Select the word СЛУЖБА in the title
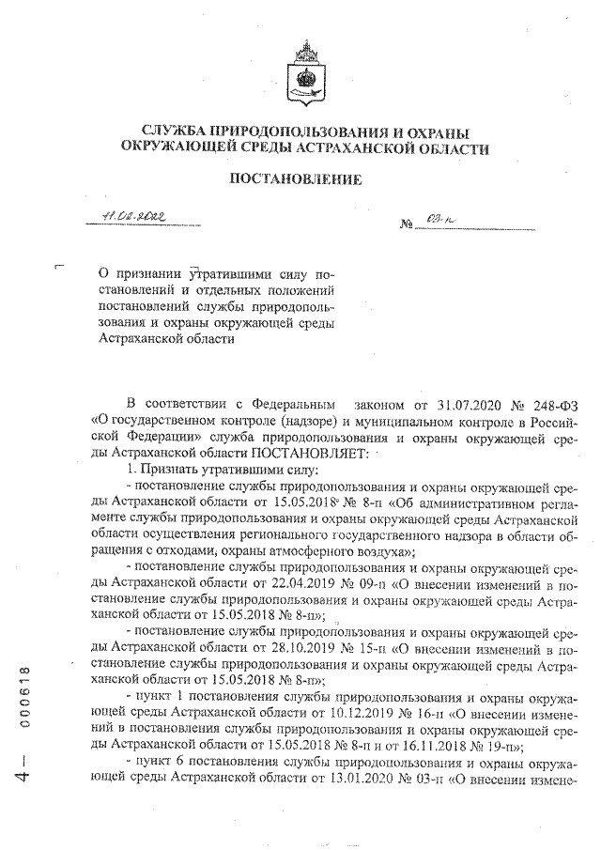[179, 132]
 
